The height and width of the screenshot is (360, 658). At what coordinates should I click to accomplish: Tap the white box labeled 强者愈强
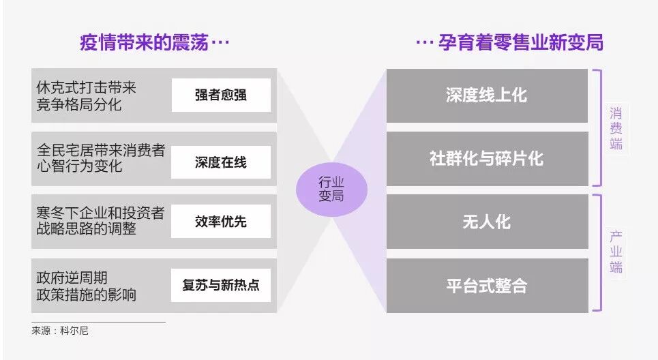point(220,95)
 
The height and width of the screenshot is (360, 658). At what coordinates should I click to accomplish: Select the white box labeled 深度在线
point(220,162)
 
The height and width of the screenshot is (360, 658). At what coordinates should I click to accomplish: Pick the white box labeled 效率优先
point(220,222)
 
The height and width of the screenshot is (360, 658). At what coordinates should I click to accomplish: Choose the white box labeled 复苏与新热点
point(220,285)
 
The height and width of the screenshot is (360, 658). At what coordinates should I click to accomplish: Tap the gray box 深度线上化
point(486,95)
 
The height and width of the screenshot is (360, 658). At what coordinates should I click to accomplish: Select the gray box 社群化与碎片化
point(486,158)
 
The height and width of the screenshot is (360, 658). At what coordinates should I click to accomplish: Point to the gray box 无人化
point(486,222)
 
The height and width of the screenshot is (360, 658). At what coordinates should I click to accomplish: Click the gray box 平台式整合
point(486,285)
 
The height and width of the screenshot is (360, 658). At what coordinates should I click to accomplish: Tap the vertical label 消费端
point(616,128)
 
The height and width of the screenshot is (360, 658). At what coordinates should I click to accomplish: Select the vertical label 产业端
point(616,252)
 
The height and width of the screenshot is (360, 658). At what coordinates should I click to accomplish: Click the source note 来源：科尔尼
point(60,331)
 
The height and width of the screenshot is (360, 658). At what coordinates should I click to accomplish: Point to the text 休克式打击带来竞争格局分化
point(87,95)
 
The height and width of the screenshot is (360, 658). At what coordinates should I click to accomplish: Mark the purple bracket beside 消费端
point(598,127)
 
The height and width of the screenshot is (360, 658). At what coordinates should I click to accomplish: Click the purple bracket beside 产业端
point(598,252)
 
